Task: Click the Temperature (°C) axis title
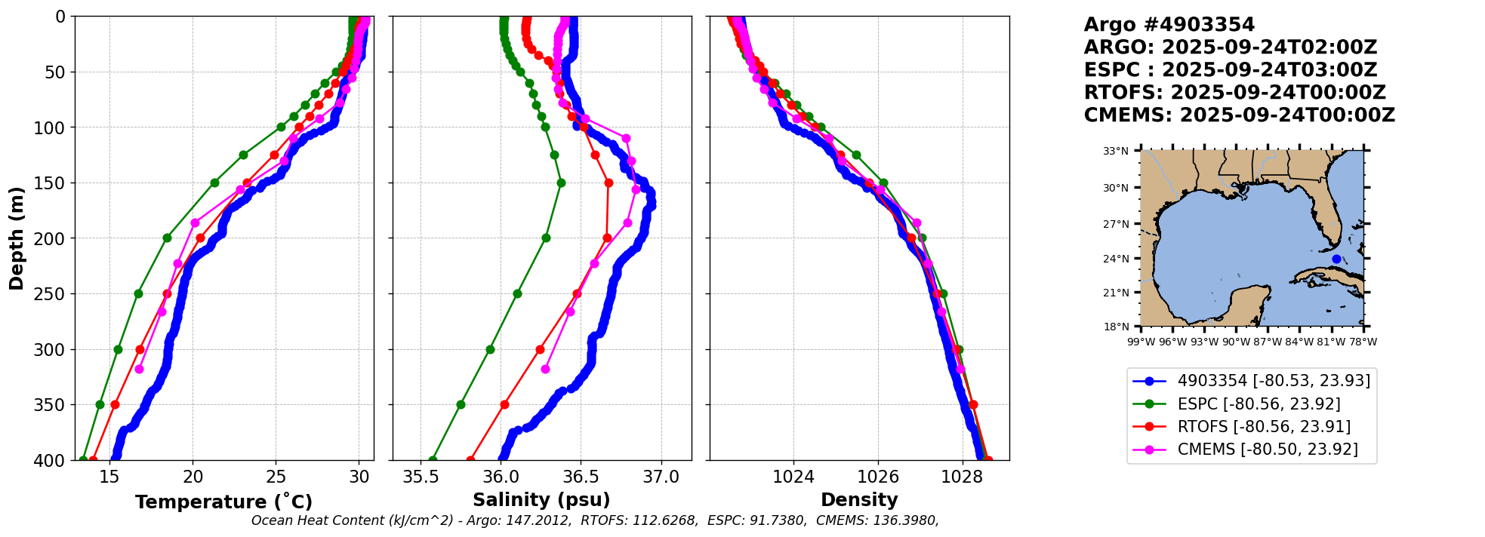pyautogui.click(x=223, y=502)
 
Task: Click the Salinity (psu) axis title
pyautogui.click(x=541, y=500)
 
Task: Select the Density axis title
pyautogui.click(x=859, y=500)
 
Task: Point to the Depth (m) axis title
pyautogui.click(x=17, y=238)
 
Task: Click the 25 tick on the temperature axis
pyautogui.click(x=276, y=477)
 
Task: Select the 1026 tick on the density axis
pyautogui.click(x=878, y=477)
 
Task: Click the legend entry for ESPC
pyautogui.click(x=1259, y=404)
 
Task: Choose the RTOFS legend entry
pyautogui.click(x=1264, y=427)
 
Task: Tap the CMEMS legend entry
pyautogui.click(x=1268, y=450)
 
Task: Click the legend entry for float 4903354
pyautogui.click(x=1274, y=381)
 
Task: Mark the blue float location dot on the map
pyautogui.click(x=1336, y=259)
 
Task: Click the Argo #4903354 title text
pyautogui.click(x=1169, y=25)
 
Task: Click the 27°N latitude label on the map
pyautogui.click(x=1116, y=224)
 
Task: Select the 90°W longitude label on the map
pyautogui.click(x=1236, y=342)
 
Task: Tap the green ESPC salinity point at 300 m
pyautogui.click(x=490, y=349)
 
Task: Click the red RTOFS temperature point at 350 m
pyautogui.click(x=115, y=405)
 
